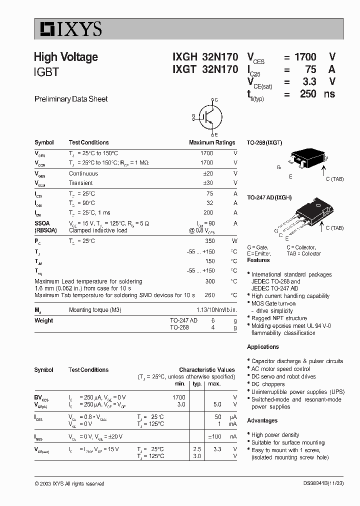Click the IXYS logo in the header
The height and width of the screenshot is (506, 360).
[x=68, y=29]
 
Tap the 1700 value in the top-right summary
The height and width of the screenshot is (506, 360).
[x=305, y=57]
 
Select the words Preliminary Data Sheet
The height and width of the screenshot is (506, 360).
[x=71, y=99]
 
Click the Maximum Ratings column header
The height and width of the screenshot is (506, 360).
[x=212, y=142]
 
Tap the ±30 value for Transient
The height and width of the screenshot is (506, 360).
[x=208, y=183]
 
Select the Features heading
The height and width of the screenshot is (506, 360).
[x=258, y=260]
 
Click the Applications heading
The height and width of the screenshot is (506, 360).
[x=263, y=347]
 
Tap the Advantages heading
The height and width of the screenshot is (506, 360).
[x=262, y=420]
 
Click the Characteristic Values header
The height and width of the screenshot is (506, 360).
[x=207, y=370]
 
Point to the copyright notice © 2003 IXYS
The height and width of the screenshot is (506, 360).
[x=69, y=483]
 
